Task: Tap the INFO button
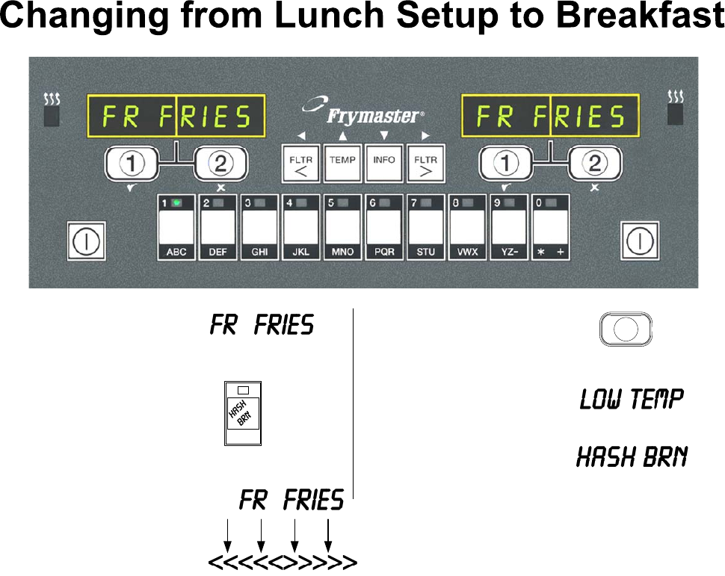click(x=384, y=163)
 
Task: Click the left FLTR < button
click(x=300, y=163)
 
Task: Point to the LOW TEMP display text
click(x=632, y=400)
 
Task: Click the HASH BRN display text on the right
click(x=632, y=456)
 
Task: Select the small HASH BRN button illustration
click(x=243, y=414)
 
